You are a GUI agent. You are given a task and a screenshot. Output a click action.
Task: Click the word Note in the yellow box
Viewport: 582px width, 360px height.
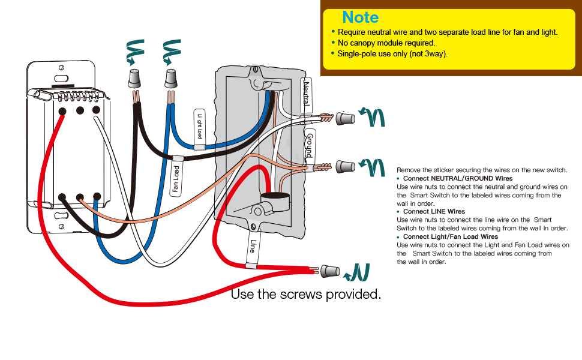point(360,17)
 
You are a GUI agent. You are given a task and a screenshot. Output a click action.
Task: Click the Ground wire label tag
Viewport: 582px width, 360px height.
point(309,145)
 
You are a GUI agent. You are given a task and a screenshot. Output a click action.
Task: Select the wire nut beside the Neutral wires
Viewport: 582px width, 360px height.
point(345,119)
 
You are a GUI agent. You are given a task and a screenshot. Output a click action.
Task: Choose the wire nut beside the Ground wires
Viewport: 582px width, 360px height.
point(345,166)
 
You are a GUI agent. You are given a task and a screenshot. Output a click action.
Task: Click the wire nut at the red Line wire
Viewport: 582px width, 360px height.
point(330,271)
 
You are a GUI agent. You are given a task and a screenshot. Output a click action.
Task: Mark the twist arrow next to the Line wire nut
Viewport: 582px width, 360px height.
point(358,272)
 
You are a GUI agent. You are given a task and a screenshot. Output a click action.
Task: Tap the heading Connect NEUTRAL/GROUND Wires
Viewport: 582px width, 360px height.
point(457,179)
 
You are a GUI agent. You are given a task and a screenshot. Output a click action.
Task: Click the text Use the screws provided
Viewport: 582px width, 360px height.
point(306,295)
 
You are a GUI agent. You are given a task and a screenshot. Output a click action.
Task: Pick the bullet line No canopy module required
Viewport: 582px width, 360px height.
point(386,43)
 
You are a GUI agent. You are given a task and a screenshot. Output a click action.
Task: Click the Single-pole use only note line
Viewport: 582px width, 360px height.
point(392,54)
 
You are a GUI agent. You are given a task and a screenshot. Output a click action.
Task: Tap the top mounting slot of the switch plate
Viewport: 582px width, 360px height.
point(60,77)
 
